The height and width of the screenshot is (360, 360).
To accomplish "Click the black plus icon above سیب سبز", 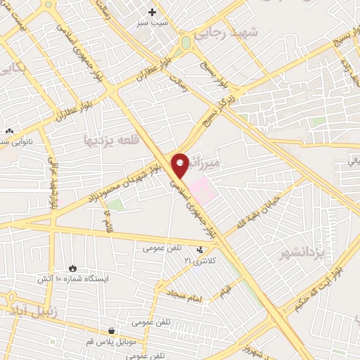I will point(152,12).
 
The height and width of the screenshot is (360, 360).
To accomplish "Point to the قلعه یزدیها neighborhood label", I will point(112,140).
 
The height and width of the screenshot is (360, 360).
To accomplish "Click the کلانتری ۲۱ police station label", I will point(198,261).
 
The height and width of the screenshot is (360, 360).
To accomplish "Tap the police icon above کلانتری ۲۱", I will point(201,250).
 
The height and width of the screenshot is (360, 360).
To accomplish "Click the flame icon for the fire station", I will point(73,268).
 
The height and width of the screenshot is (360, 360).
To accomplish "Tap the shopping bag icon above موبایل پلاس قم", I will point(110,330).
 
